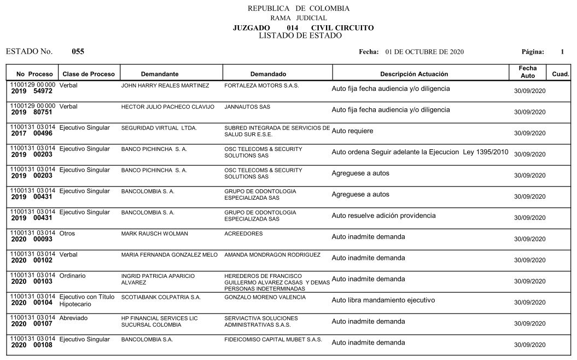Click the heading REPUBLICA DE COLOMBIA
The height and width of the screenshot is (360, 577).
click(x=298, y=8)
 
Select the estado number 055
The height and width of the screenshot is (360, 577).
click(x=78, y=52)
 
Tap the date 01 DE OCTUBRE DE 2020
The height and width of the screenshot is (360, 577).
click(x=424, y=52)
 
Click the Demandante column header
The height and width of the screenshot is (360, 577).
click(x=160, y=74)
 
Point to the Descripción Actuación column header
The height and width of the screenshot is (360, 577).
click(x=414, y=74)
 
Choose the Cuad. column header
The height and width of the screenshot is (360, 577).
click(x=561, y=74)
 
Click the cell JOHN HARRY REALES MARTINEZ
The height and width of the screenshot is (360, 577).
click(x=165, y=86)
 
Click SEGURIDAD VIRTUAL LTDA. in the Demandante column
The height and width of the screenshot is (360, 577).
click(x=159, y=128)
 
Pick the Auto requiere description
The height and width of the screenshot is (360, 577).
click(x=353, y=131)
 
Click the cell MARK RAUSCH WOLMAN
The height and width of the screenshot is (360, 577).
click(x=154, y=234)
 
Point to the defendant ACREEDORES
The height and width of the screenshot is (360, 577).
click(x=243, y=234)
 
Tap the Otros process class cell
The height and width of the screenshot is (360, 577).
click(x=67, y=234)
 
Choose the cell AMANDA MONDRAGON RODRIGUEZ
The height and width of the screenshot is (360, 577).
click(x=272, y=255)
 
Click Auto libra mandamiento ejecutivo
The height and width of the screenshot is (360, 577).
click(x=383, y=300)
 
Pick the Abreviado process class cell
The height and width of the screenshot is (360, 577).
click(x=73, y=318)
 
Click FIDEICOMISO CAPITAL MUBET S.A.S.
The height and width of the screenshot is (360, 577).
click(x=273, y=340)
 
